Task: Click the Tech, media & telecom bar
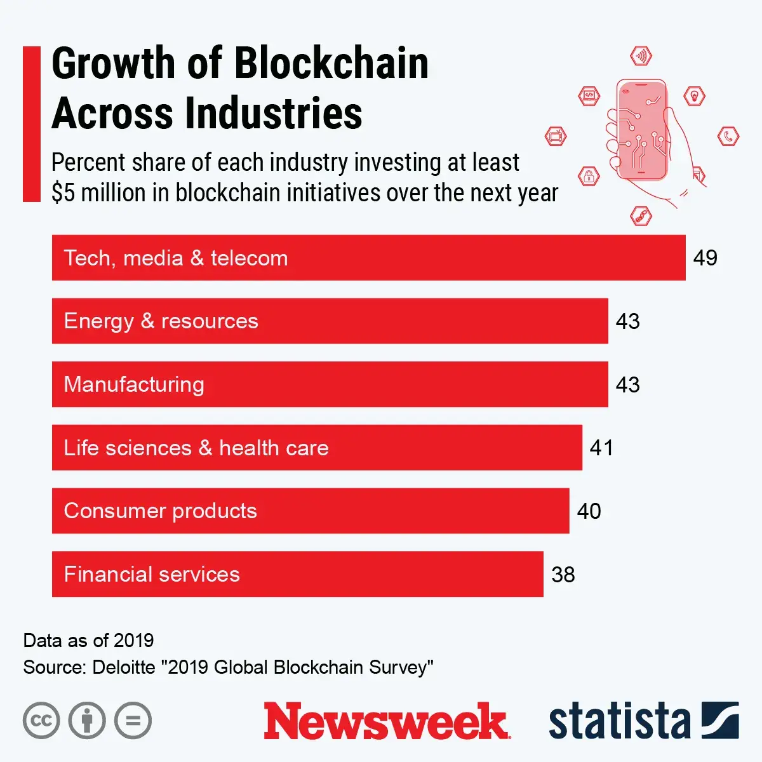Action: [x=368, y=258]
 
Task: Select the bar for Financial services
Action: [x=297, y=574]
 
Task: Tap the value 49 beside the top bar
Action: [x=705, y=258]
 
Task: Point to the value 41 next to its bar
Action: [x=601, y=448]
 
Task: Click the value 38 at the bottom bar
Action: [x=563, y=575]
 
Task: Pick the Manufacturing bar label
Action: [x=134, y=384]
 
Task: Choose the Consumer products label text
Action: [x=160, y=511]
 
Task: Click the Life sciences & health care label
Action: [x=196, y=448]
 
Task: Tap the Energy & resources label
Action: [x=161, y=321]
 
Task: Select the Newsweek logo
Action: [x=386, y=721]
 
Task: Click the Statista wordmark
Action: [x=619, y=721]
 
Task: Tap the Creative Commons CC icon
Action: [x=41, y=721]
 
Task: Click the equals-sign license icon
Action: [x=133, y=721]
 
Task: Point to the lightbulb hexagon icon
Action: [x=695, y=97]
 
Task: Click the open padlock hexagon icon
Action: [x=589, y=176]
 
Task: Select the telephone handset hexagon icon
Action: [x=728, y=136]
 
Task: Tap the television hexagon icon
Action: [x=556, y=135]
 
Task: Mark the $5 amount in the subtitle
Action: [x=63, y=193]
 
